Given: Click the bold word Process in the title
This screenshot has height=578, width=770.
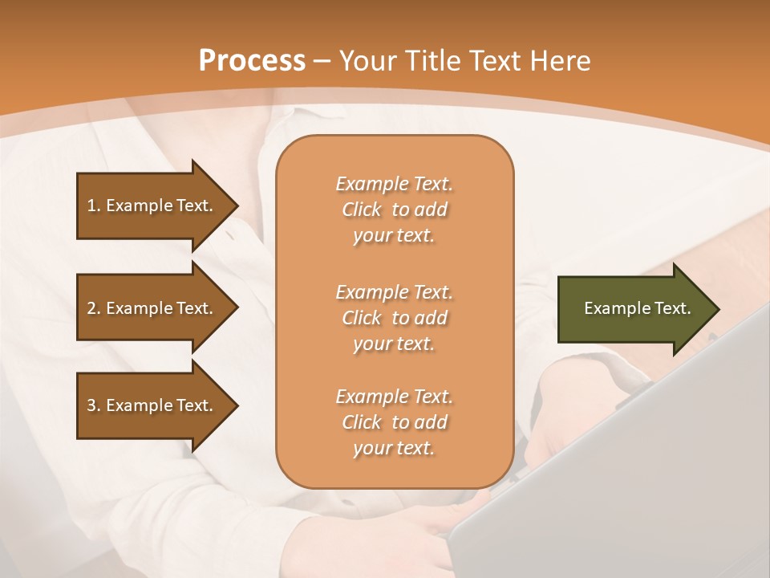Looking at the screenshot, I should click(252, 61).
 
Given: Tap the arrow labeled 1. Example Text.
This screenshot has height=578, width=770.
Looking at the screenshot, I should click(152, 206).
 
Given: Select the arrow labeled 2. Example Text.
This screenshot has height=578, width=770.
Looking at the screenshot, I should click(152, 308).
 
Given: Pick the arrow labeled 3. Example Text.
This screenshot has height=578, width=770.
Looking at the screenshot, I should click(152, 405).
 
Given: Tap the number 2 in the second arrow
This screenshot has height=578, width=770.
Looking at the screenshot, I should click(91, 308).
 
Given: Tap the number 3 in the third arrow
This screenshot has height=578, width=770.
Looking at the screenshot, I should click(91, 405).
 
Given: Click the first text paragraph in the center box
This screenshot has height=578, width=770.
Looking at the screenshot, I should click(394, 210).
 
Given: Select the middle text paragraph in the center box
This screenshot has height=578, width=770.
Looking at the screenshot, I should click(394, 317).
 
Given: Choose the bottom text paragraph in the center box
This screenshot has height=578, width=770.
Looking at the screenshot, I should click(394, 422).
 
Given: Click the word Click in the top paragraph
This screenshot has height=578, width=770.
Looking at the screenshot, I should click(361, 210).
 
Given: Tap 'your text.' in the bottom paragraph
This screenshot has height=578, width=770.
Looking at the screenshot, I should click(394, 448).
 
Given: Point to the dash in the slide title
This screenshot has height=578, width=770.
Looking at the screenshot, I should click(322, 61).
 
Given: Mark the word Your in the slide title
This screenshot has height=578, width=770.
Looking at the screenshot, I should click(367, 61).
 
